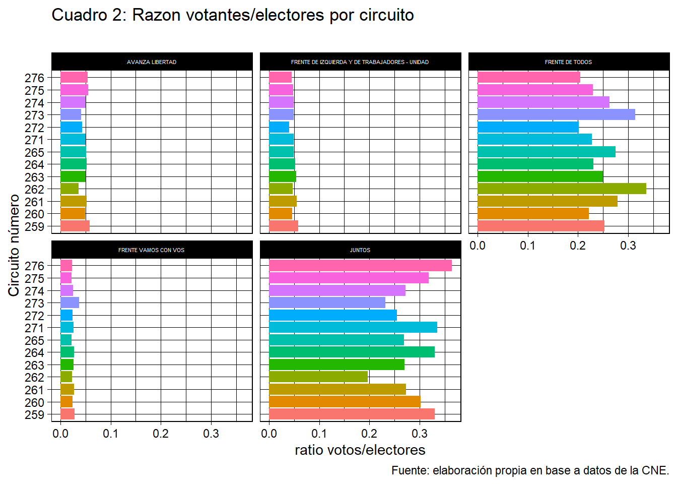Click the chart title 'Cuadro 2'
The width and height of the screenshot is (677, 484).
click(232, 15)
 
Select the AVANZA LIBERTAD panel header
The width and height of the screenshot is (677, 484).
click(152, 62)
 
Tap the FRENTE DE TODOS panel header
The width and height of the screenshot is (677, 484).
click(568, 62)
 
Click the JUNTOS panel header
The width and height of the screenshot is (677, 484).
click(360, 250)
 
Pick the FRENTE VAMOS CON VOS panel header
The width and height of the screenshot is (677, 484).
click(152, 250)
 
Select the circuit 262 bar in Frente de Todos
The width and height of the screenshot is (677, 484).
click(562, 189)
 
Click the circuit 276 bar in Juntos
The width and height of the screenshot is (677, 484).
click(360, 266)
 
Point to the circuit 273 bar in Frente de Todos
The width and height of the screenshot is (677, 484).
click(556, 115)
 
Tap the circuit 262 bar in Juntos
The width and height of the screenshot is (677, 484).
click(318, 377)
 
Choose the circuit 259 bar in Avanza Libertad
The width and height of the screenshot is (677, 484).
click(75, 226)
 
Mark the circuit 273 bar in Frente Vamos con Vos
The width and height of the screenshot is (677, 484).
click(70, 303)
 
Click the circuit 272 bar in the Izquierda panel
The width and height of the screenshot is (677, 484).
click(279, 127)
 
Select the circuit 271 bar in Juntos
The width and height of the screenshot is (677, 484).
click(353, 328)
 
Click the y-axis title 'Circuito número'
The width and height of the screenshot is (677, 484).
click(14, 246)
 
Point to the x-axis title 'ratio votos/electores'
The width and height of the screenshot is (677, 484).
click(360, 450)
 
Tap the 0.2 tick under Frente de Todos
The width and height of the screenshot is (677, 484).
click(578, 246)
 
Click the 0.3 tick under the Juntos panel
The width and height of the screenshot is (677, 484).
click(420, 434)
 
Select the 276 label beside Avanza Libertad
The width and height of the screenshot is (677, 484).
click(35, 78)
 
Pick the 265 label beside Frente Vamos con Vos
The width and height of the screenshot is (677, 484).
click(35, 340)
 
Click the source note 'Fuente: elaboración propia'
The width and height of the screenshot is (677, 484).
click(530, 470)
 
